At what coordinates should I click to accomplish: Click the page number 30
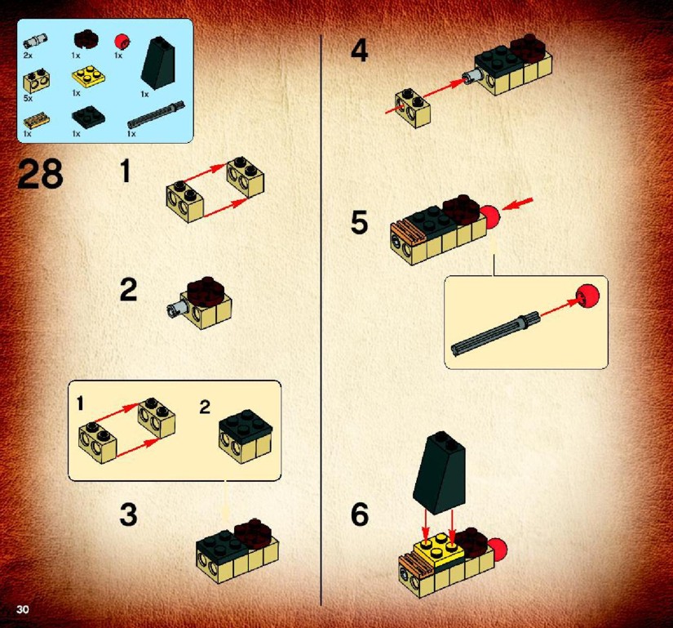click(22, 608)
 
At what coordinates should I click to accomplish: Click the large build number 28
click(40, 174)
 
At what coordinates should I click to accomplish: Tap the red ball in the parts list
click(122, 42)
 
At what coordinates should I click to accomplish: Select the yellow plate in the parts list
click(89, 76)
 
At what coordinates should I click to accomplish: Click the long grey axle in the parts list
click(157, 114)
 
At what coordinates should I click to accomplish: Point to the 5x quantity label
click(28, 98)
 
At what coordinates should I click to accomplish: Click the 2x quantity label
click(28, 56)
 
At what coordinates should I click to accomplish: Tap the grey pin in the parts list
click(35, 42)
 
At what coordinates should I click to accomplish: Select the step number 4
click(359, 51)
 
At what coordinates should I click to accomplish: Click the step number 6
click(359, 514)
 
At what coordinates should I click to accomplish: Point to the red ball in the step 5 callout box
click(587, 296)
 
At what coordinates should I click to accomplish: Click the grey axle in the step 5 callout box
click(494, 335)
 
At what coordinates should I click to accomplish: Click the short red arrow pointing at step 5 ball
click(518, 204)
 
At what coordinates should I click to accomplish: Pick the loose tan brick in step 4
click(413, 109)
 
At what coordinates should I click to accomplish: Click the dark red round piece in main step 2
click(204, 292)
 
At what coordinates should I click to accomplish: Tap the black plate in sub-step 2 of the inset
click(246, 426)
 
